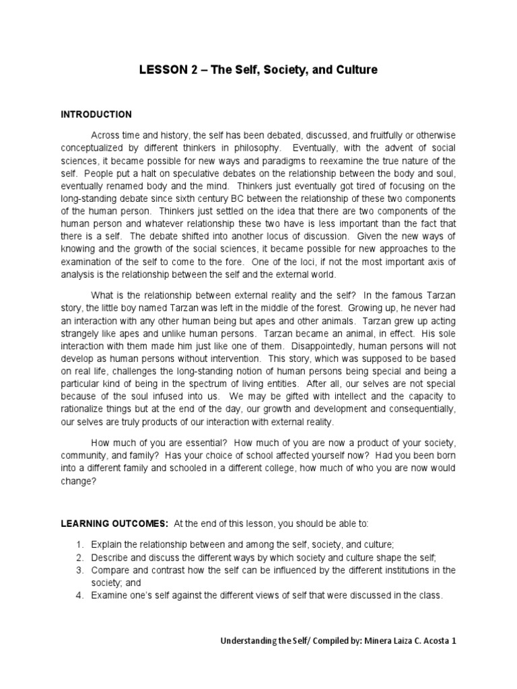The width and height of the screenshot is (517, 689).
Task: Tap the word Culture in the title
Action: coord(352,69)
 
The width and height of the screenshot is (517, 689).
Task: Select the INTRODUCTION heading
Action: coord(96,114)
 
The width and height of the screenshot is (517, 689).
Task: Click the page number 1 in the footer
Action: coord(454,641)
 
